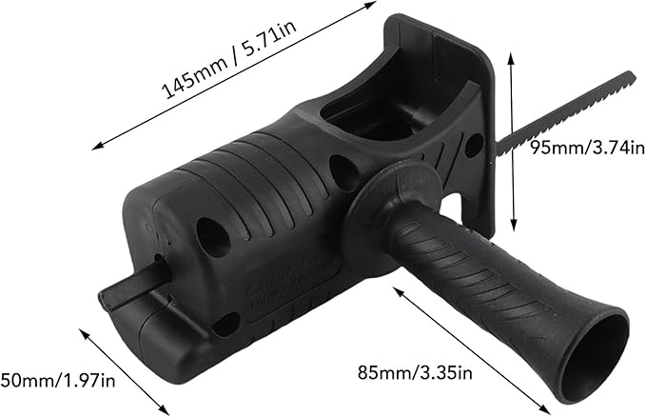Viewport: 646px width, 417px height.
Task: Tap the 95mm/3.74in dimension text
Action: (x=587, y=147)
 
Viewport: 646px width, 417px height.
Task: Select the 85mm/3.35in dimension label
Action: (x=415, y=372)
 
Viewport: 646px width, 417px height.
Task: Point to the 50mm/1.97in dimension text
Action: (x=58, y=380)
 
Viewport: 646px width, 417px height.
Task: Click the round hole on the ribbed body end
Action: (x=212, y=236)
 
